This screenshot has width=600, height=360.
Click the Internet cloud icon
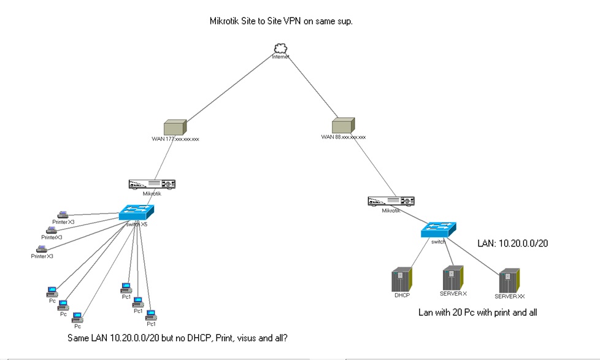(x=281, y=48)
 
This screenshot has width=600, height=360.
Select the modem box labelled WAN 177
(x=175, y=127)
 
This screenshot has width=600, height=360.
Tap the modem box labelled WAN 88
(x=343, y=126)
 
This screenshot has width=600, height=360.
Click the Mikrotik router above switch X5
(x=152, y=184)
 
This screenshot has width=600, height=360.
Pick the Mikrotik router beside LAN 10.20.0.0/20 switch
(x=391, y=201)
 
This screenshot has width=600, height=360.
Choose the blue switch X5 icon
(x=136, y=213)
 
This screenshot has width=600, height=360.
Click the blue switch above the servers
(x=438, y=230)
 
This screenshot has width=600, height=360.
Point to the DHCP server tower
(x=402, y=280)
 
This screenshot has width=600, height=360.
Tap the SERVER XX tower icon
(x=509, y=280)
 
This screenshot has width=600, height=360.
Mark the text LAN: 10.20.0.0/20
(x=512, y=243)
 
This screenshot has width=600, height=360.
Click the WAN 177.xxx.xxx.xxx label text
(x=175, y=139)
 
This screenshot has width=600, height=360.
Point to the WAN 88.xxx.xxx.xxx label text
(x=343, y=137)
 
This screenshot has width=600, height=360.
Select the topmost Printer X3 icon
(x=63, y=214)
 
